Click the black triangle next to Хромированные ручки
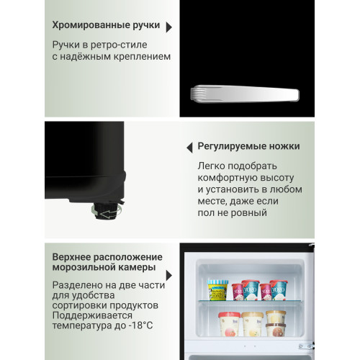tap(168, 27)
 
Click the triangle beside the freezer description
tap(168, 276)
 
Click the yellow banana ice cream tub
tap(217, 290)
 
